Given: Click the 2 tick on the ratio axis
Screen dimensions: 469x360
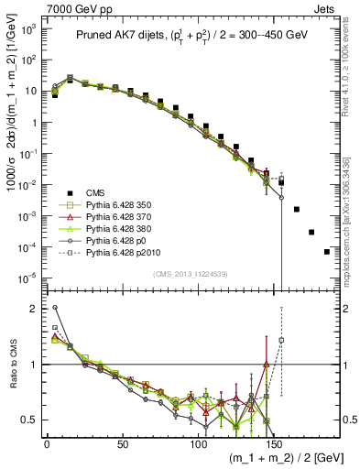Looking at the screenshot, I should coord(34,309).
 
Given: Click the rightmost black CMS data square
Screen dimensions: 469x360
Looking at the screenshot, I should coord(327,251).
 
